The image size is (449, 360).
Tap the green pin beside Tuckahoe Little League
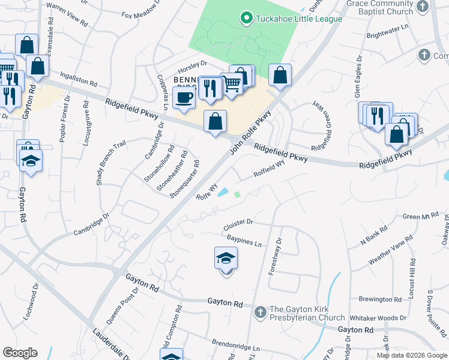tap(245, 19)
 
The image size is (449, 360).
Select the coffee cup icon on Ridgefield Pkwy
tap(184, 97)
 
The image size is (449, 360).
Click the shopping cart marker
tap(232, 83)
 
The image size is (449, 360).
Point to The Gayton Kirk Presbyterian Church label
tap(307, 313)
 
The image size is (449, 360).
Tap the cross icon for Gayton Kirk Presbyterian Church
tap(260, 312)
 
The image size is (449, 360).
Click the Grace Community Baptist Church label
tap(379, 7)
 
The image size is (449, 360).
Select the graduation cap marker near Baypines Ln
tap(226, 259)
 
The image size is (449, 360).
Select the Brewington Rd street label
tap(380, 299)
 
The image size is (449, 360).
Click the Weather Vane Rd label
tap(391, 250)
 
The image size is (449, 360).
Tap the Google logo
tap(20, 353)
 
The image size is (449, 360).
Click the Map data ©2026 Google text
tap(412, 355)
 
